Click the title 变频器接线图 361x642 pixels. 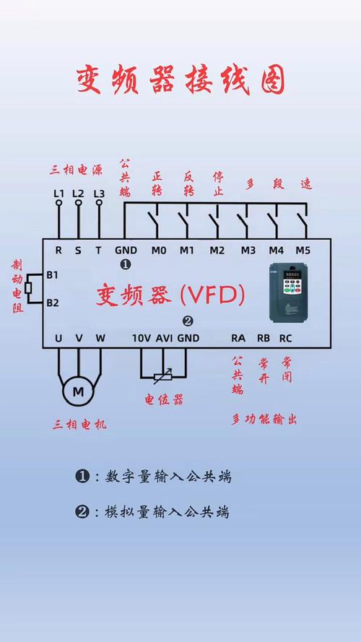coord(180,80)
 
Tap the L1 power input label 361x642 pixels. coord(59,194)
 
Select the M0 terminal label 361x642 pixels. coord(159,251)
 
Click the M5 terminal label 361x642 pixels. coord(303,251)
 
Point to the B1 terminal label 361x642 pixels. coord(52,275)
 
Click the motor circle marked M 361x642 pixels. coord(79,391)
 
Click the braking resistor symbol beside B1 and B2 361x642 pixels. coord(27,288)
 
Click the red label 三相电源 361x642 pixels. coord(77,170)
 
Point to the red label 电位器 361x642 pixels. coord(164,399)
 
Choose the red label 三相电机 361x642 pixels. coord(79,425)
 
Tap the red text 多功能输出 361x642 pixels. coord(264,420)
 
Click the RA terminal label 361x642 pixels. coord(238,337)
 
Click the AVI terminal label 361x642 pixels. coord(165,337)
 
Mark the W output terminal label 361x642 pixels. coord(100,337)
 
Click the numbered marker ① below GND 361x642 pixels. coord(126,265)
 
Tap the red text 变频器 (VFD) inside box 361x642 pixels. coord(171,295)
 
